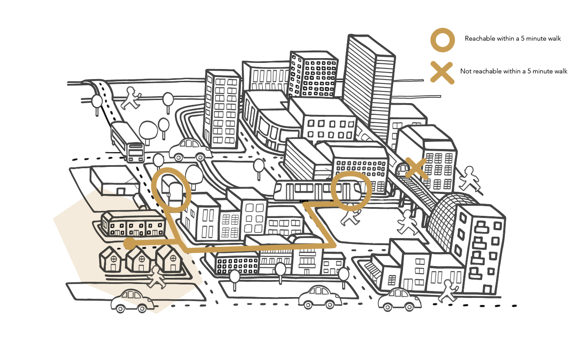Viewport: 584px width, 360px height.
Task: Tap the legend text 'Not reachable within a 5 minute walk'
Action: [514, 71]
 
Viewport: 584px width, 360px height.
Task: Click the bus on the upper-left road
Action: [127, 142]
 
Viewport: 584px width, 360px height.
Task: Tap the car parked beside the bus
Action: [190, 150]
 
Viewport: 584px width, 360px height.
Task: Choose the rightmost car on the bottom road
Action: [399, 300]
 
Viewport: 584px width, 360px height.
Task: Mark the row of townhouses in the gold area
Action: [133, 224]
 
